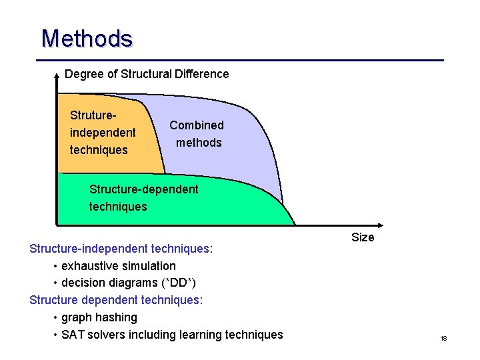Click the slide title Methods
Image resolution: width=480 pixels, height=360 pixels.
pyautogui.click(x=87, y=39)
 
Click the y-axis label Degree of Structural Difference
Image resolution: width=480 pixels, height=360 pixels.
pyautogui.click(x=147, y=74)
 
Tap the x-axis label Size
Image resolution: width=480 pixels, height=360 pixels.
pyautogui.click(x=363, y=237)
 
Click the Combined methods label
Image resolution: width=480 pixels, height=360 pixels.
pyautogui.click(x=197, y=133)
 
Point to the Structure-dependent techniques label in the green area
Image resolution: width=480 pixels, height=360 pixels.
pyautogui.click(x=143, y=198)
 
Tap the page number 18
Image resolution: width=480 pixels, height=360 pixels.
pyautogui.click(x=443, y=339)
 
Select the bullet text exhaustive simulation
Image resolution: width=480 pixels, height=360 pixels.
pyautogui.click(x=119, y=266)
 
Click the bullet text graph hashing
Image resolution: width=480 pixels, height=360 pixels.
pyautogui.click(x=99, y=317)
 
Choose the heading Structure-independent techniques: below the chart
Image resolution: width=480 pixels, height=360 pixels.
pyautogui.click(x=121, y=249)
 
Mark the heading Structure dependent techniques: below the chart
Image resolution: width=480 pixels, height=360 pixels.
pyautogui.click(x=116, y=300)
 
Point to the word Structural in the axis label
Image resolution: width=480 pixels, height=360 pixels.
pyautogui.click(x=144, y=74)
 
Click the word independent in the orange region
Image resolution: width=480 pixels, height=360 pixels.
pyautogui.click(x=103, y=133)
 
